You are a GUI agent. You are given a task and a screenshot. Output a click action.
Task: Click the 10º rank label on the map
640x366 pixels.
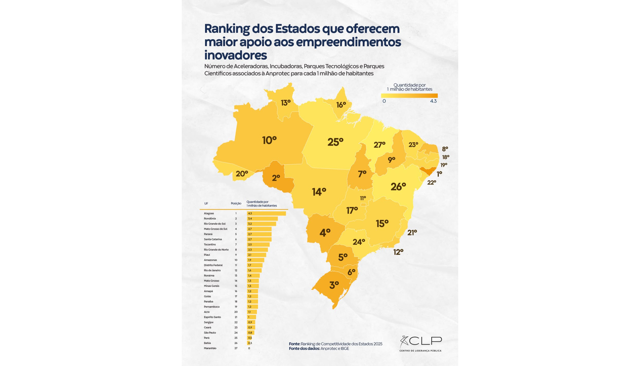(x=269, y=140)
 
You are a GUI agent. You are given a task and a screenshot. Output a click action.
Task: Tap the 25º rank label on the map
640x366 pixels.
(x=335, y=142)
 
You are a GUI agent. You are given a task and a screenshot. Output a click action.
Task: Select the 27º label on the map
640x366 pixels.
(x=379, y=145)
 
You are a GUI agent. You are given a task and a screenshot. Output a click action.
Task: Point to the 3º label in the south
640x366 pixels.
(x=334, y=285)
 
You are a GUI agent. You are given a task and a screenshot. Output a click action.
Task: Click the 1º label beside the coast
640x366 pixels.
(x=439, y=174)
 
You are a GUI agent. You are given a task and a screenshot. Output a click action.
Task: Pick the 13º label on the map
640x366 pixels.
(x=285, y=103)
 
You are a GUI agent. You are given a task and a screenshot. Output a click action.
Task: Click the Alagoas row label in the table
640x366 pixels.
(x=209, y=213)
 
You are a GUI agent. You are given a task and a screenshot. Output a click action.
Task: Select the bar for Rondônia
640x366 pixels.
(x=262, y=218)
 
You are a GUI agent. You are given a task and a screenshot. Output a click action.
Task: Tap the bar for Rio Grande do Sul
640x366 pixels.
(x=261, y=224)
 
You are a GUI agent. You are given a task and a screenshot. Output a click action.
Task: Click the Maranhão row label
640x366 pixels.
(x=210, y=348)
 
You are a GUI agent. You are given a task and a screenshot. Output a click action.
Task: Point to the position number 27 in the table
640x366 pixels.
(x=236, y=348)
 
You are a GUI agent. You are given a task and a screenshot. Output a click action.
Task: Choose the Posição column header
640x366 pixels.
(x=236, y=203)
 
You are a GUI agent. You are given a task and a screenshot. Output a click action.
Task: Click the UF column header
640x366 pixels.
(x=206, y=204)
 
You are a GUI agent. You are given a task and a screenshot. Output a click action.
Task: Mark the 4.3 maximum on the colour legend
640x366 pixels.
(x=433, y=101)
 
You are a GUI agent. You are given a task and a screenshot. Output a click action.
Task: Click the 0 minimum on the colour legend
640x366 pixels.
(x=384, y=101)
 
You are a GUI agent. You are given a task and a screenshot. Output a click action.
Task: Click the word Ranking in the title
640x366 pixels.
(x=227, y=29)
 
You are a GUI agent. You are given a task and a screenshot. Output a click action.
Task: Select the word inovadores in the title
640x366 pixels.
(x=236, y=55)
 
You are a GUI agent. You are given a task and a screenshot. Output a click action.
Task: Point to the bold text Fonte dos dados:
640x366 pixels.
(x=304, y=349)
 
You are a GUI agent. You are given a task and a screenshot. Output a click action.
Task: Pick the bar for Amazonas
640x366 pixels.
(x=255, y=260)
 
